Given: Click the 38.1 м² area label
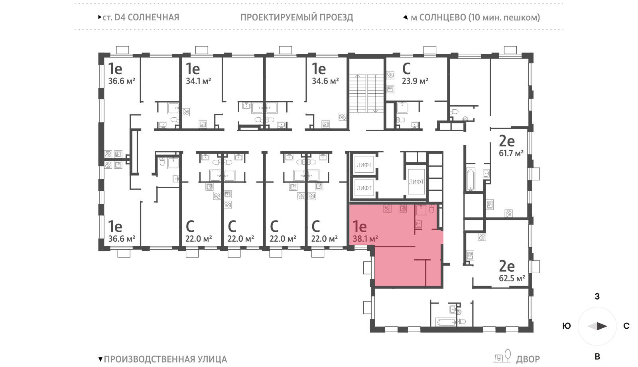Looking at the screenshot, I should (x=365, y=239).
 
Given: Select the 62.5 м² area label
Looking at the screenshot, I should (x=512, y=278).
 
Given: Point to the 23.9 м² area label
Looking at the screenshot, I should (x=415, y=81).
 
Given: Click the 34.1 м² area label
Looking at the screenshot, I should (x=198, y=81).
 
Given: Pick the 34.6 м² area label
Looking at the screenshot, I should (x=325, y=81).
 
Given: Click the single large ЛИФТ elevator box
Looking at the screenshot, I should (x=416, y=182).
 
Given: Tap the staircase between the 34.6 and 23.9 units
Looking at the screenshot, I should (x=366, y=94).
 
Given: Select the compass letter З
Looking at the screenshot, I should (x=597, y=296).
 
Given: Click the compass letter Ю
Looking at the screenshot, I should (x=566, y=326).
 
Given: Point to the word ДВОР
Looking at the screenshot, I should (x=528, y=359).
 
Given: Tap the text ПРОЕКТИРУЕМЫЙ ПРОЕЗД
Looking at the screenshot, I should (x=297, y=18).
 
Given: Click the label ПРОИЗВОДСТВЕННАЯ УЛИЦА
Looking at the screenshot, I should (x=165, y=359).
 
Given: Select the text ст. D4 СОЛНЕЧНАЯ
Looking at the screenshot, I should (x=141, y=18).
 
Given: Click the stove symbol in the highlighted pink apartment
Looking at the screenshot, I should (x=387, y=209).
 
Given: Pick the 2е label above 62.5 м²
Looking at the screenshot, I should (x=507, y=266).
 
